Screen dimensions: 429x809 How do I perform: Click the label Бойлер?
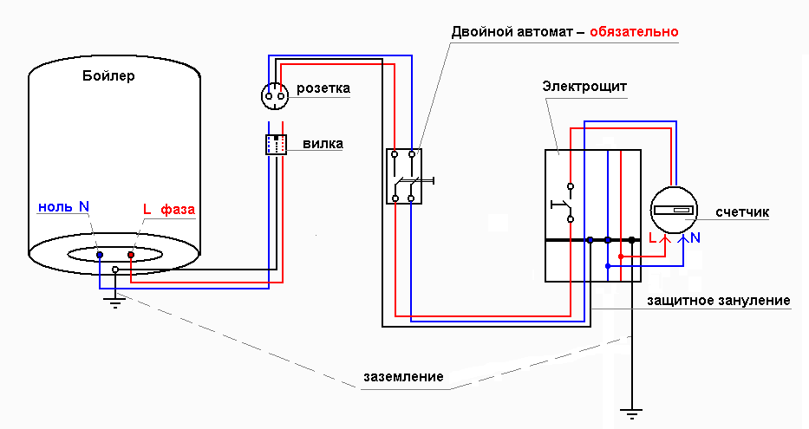click(108, 76)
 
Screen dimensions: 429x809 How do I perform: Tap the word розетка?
click(323, 88)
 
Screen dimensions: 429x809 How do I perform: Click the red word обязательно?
click(634, 32)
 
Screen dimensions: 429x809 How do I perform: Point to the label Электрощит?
click(584, 87)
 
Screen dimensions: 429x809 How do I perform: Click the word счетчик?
click(742, 212)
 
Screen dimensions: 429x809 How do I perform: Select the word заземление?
click(404, 377)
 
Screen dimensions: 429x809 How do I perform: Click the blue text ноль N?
click(63, 207)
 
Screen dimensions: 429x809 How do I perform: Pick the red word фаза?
click(178, 210)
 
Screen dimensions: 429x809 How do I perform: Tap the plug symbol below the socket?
click(276, 145)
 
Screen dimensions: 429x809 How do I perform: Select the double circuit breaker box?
click(403, 176)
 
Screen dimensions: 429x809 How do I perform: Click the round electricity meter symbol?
click(674, 209)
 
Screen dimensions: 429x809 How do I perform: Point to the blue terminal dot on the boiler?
click(100, 256)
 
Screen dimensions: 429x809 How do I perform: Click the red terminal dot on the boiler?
click(131, 256)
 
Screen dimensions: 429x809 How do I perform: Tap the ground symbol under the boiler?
click(114, 302)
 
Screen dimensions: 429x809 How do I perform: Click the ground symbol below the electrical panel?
click(635, 415)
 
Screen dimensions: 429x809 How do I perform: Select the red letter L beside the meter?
click(653, 237)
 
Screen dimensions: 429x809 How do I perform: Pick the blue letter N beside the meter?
click(695, 237)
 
